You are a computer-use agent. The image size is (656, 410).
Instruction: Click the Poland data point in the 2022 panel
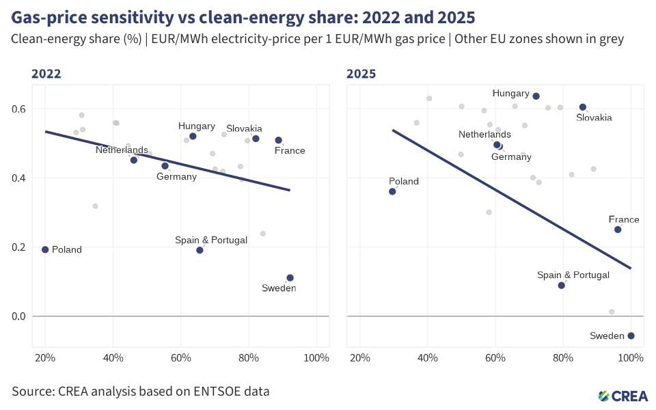(45, 249)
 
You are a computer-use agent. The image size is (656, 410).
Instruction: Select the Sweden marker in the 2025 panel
(631, 336)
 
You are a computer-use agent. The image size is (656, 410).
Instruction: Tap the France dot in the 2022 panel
(279, 140)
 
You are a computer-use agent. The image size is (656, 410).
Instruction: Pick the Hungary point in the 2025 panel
(536, 96)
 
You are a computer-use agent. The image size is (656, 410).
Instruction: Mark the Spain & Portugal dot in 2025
(562, 285)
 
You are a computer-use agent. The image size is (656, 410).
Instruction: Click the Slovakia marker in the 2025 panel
(583, 107)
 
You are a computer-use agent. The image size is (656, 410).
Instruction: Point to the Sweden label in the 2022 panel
(279, 288)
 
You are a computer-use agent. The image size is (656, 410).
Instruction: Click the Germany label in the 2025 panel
(511, 157)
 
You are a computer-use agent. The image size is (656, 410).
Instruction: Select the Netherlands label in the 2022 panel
(122, 150)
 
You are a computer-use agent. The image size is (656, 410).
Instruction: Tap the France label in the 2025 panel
(624, 220)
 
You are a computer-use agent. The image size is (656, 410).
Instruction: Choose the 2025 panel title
(361, 74)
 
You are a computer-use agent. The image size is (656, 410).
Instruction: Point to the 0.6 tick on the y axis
(18, 109)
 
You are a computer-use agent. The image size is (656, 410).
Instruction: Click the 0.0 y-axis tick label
(18, 316)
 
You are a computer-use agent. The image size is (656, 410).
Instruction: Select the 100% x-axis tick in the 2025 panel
(631, 357)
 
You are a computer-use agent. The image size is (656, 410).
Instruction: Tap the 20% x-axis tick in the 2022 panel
(45, 357)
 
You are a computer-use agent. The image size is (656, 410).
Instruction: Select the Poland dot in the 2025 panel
(392, 191)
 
